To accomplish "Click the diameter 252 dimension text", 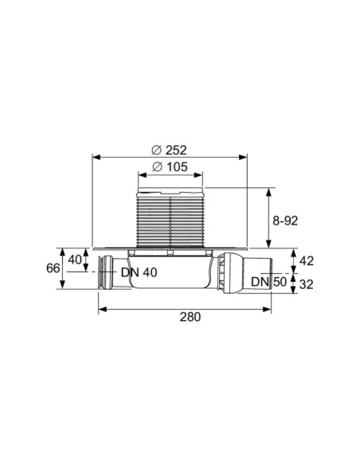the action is [x=170, y=150].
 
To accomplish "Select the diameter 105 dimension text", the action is [x=170, y=167].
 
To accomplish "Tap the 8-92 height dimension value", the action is [x=285, y=221].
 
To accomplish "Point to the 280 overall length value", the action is [x=190, y=317].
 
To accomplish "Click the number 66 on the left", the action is [x=53, y=268].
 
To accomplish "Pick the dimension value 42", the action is [x=307, y=261].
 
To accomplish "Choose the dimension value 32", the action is [x=307, y=285].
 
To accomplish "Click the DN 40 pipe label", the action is [x=139, y=272].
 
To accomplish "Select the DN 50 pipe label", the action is [x=269, y=282].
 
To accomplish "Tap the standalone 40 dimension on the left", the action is [x=75, y=260].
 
